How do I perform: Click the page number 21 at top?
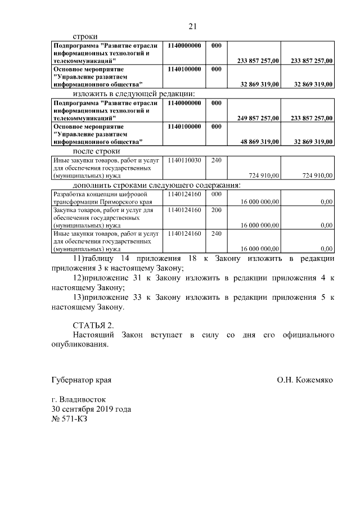click(192, 26)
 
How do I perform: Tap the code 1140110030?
click(184, 160)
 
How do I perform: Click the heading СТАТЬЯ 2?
click(93, 326)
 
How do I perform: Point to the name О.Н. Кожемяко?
click(305, 380)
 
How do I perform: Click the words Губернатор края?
click(81, 380)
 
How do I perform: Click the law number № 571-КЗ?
click(70, 419)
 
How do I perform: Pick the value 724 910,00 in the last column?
click(317, 176)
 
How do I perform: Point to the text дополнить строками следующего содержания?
click(157, 185)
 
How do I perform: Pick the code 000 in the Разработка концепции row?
click(216, 193)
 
